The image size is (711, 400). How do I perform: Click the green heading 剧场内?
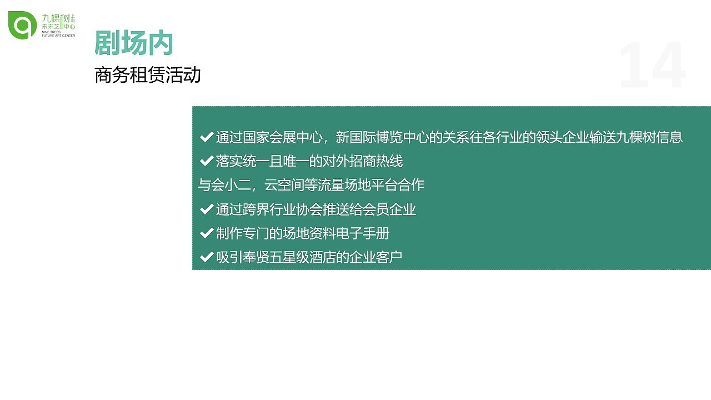pyautogui.click(x=134, y=43)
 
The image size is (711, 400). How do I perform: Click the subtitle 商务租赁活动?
pyautogui.click(x=147, y=75)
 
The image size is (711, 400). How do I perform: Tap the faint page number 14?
pyautogui.click(x=652, y=66)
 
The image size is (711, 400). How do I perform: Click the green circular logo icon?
pyautogui.click(x=23, y=25)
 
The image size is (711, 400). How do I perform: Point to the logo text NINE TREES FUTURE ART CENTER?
pyautogui.click(x=58, y=34)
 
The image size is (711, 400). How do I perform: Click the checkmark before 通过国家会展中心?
pyautogui.click(x=207, y=137)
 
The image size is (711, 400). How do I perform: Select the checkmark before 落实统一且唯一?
pyautogui.click(x=207, y=161)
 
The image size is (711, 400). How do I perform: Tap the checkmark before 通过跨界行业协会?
pyautogui.click(x=207, y=209)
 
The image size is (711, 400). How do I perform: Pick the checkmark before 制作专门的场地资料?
pyautogui.click(x=207, y=233)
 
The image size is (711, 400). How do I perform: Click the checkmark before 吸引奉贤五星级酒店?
pyautogui.click(x=207, y=257)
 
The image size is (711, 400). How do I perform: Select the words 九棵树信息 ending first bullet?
pyautogui.click(x=649, y=137)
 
